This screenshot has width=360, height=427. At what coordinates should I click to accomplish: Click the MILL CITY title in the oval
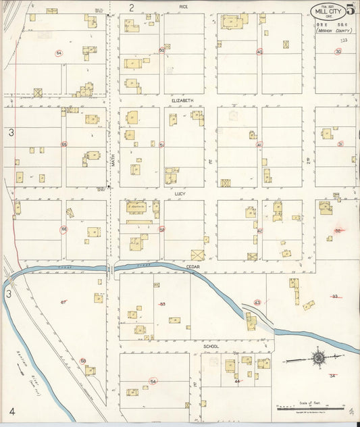coord(328,10)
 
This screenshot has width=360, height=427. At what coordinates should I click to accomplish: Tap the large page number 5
coord(351,9)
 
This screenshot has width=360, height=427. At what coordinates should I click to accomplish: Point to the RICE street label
coord(183,6)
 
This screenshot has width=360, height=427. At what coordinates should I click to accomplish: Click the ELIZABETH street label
coord(182,101)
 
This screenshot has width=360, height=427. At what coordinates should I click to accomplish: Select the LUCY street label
coord(180,193)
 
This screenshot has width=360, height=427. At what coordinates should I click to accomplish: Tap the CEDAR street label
coord(194,267)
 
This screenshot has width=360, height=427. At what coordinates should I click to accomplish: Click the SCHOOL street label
coord(211,346)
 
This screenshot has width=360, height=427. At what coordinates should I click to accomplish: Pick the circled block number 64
coord(59,53)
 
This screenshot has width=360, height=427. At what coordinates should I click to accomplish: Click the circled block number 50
coord(161,50)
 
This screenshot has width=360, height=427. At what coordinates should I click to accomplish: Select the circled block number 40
coord(259,51)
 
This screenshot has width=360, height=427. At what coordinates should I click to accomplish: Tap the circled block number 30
coord(338,51)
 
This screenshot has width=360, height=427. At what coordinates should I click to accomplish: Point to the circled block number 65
coord(64,144)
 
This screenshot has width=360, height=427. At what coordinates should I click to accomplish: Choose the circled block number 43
coord(257,302)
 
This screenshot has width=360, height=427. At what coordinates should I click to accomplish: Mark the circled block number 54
coord(153,382)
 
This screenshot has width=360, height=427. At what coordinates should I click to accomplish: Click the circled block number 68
coord(83,361)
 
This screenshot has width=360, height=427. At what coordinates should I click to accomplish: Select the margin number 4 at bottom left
coord(11,411)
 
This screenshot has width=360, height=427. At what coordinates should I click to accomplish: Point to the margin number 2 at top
coord(132,7)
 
